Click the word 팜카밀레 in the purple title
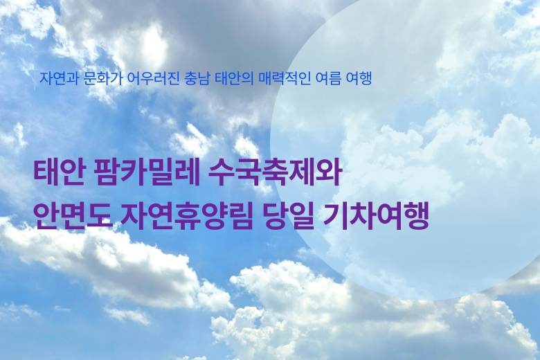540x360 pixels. pos(147,172)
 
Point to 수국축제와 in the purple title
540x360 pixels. pos(275,172)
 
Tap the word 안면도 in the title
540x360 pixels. pos(73,216)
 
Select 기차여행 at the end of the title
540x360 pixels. pos(376,216)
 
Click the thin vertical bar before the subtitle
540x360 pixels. pos(35,80)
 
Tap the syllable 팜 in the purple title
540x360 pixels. pos(107,172)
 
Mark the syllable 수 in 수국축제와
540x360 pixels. pos(222,172)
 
